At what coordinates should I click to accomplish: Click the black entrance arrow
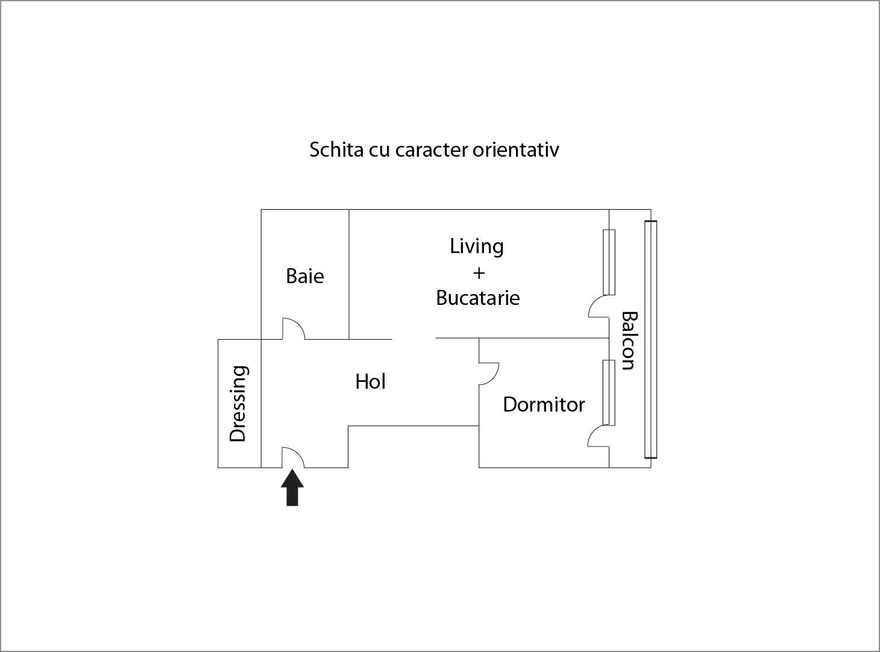coord(292,487)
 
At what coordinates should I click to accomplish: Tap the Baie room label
coord(305,276)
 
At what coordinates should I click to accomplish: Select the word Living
coord(477,247)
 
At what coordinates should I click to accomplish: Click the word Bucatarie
coord(478,298)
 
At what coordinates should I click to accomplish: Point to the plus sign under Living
coord(479,273)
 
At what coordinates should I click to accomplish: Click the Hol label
coord(370,381)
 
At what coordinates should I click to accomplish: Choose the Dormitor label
coord(544,405)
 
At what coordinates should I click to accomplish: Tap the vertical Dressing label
coord(239,404)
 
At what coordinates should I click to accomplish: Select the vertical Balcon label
coord(629,341)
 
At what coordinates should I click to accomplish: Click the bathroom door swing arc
coord(298,324)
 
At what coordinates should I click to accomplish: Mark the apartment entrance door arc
coord(298,453)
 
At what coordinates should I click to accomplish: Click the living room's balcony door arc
coord(594,304)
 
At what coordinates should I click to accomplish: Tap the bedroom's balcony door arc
coord(593,433)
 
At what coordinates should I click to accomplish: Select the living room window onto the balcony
coord(609,262)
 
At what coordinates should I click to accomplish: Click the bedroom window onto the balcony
coord(609,392)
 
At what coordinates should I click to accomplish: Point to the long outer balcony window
coord(650,339)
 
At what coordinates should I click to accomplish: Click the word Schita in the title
coord(336,150)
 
